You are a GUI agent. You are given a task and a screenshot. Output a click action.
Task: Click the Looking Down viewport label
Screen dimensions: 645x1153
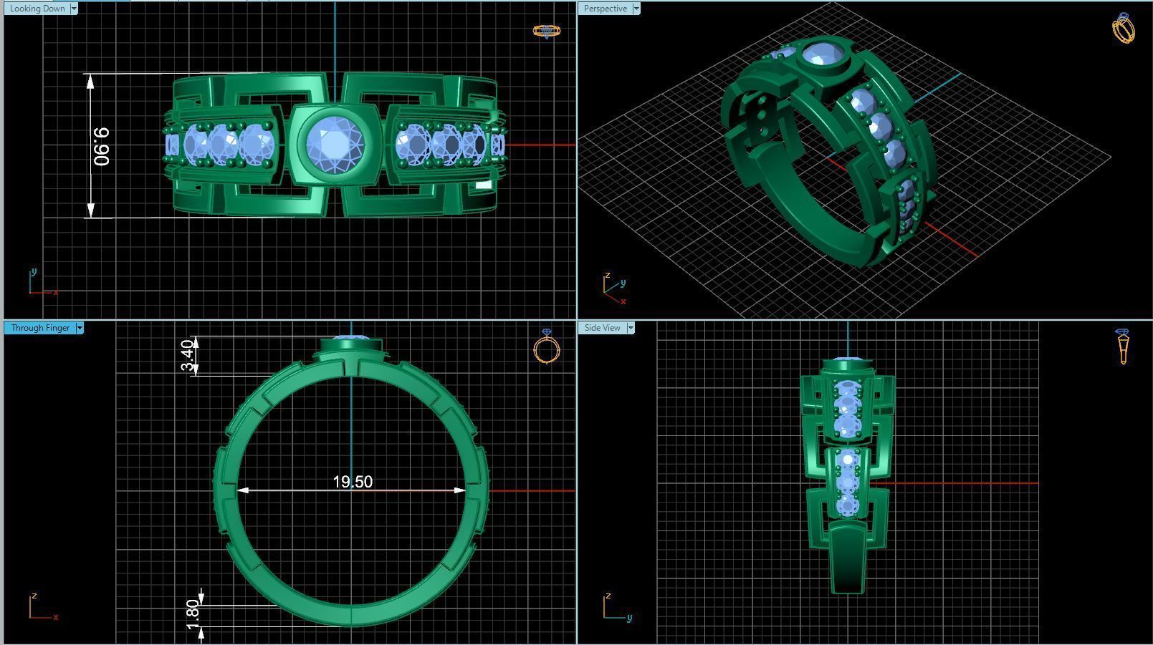[37, 9]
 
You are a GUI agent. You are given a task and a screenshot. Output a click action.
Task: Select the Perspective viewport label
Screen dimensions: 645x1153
[606, 9]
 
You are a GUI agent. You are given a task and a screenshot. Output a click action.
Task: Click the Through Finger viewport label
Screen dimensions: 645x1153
[40, 328]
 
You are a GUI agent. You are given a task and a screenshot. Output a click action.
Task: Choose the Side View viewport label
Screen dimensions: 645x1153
[602, 328]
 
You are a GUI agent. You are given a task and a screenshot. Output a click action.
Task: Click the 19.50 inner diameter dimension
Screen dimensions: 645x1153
[353, 482]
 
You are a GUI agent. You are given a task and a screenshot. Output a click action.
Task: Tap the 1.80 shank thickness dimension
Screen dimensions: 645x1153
[192, 615]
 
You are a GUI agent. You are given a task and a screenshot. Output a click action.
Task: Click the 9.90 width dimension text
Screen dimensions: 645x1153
[102, 146]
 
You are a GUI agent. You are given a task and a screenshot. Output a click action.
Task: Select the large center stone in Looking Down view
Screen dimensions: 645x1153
[334, 144]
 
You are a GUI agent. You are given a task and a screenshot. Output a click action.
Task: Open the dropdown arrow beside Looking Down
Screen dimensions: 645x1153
[74, 9]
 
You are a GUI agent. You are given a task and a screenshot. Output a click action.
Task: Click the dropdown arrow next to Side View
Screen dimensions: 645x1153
[631, 328]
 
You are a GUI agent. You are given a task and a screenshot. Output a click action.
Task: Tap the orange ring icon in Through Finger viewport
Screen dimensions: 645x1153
[547, 347]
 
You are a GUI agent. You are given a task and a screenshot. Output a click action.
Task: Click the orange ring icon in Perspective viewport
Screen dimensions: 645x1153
[1124, 28]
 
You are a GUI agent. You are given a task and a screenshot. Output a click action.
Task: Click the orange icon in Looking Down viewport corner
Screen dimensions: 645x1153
[547, 31]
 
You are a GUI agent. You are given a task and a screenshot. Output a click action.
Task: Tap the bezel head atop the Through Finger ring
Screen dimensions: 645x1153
[350, 346]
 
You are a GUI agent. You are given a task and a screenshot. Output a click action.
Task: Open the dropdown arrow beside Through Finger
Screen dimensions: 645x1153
[80, 328]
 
